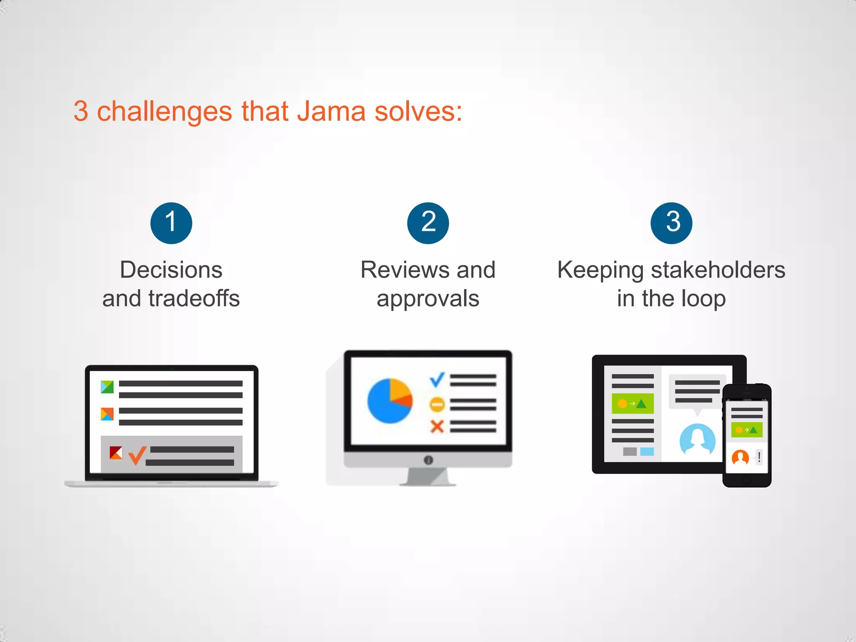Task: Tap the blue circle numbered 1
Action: coord(171,223)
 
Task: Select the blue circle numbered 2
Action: coord(428,223)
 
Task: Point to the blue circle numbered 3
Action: coord(671,223)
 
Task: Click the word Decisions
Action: coord(171,270)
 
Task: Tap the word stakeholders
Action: coord(718,270)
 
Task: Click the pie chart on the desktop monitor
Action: coord(390,401)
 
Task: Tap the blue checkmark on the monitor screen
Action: coord(437,380)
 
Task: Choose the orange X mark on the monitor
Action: coord(437,427)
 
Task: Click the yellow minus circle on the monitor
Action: coord(437,404)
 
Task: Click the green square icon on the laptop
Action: coord(107,387)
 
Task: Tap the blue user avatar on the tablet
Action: coord(697,440)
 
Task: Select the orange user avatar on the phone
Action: coord(740,457)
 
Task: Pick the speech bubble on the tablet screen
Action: coord(697,392)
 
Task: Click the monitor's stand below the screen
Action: coord(428,477)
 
